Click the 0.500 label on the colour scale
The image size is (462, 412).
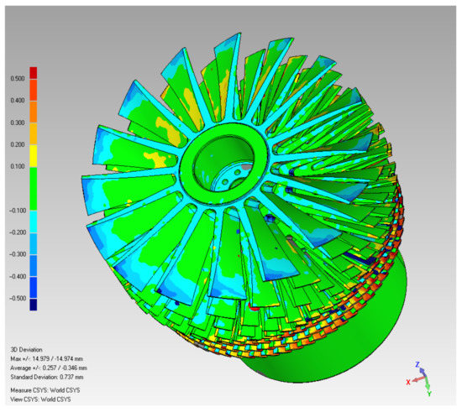pyautogui.click(x=18, y=79)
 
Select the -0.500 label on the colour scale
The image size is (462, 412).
pyautogui.click(x=18, y=299)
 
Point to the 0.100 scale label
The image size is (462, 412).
pyautogui.click(x=18, y=167)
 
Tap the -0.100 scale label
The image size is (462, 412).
pyautogui.click(x=18, y=211)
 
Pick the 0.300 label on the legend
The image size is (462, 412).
pyautogui.click(x=18, y=123)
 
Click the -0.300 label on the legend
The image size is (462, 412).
pyautogui.click(x=18, y=254)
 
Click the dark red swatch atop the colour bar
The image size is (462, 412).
pyautogui.click(x=34, y=73)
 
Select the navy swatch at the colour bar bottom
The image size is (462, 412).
pyautogui.click(x=34, y=305)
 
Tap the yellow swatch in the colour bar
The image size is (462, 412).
pyautogui.click(x=34, y=156)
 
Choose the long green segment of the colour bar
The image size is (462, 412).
pyautogui.click(x=34, y=189)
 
